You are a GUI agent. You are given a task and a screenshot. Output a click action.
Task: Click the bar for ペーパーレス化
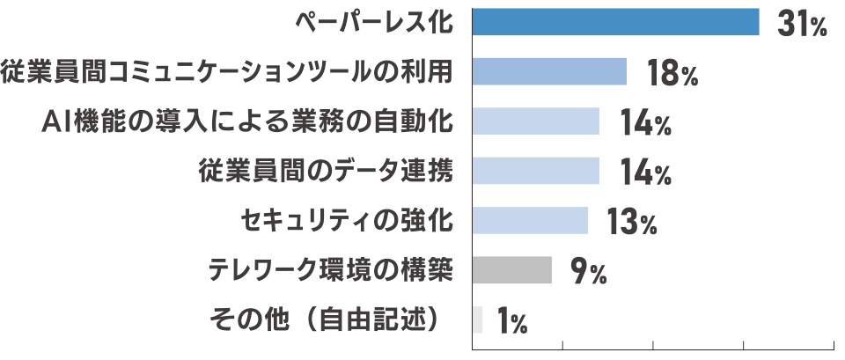615,22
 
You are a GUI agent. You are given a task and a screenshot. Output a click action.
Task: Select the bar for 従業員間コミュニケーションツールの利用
549,71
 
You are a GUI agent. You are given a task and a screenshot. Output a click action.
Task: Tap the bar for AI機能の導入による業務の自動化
535,121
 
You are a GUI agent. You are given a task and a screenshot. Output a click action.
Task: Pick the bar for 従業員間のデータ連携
535,170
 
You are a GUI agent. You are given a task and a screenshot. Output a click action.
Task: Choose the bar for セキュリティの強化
530,219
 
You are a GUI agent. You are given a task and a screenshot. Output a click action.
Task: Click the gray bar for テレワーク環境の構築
511,269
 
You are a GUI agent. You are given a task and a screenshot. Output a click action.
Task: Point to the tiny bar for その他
478,319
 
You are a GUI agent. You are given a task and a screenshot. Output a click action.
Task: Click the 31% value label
802,25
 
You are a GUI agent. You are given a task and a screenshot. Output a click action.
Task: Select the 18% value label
672,74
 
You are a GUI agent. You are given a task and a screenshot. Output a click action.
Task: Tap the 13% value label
632,222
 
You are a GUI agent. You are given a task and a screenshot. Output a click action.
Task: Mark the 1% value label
511,321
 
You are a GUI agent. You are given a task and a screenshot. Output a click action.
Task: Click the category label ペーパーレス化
373,23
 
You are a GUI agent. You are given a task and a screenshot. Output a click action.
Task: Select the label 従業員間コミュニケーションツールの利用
229,72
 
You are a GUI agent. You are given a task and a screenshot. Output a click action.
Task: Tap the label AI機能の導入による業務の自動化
249,121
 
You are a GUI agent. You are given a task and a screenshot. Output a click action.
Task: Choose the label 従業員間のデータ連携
327,171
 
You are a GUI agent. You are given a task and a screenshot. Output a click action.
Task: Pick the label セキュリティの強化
348,220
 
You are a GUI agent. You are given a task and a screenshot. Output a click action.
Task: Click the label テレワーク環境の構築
331,269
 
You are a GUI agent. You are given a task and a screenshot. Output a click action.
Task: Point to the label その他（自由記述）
327,319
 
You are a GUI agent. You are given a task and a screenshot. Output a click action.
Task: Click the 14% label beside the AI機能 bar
644,123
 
